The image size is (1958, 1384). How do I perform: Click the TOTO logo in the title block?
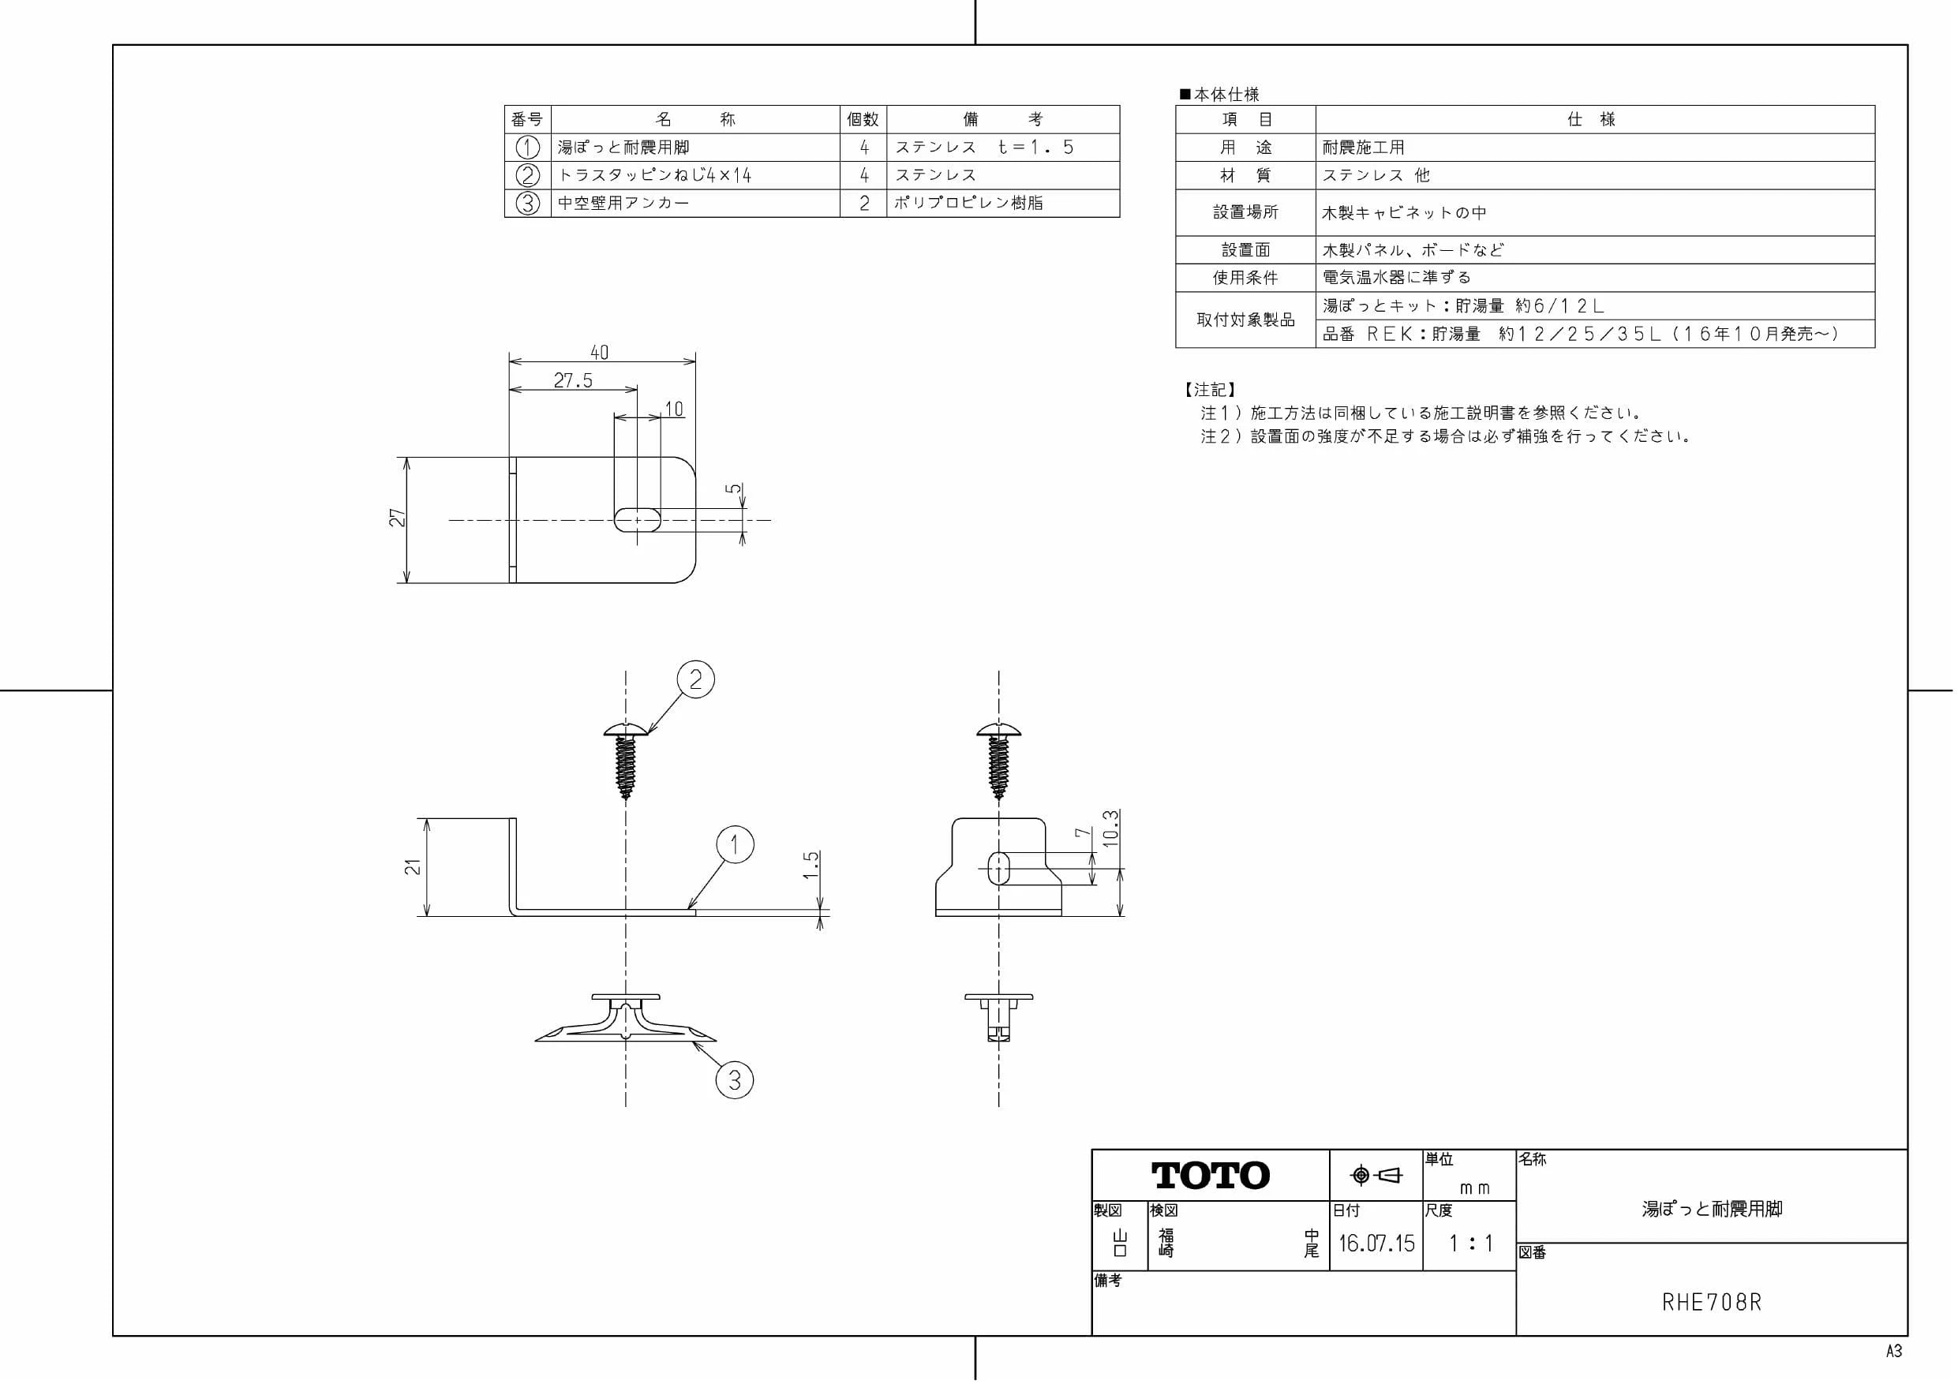tap(1210, 1175)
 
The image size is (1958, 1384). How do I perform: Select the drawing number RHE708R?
tap(1712, 1302)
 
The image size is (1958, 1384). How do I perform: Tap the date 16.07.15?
tap(1376, 1244)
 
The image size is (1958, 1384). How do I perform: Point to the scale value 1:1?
tap(1471, 1244)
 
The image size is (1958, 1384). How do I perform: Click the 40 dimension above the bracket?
tap(600, 352)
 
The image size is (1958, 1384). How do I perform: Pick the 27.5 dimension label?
tap(573, 380)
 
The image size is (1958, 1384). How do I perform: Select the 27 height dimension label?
tap(398, 518)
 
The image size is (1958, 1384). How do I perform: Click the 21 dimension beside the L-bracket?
tap(413, 866)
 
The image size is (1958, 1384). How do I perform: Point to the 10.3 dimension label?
tap(1110, 828)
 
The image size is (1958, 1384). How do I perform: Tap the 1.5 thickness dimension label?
tap(811, 865)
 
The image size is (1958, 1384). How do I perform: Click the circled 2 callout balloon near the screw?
tap(696, 679)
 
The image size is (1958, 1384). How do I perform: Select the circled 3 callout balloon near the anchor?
tap(734, 1080)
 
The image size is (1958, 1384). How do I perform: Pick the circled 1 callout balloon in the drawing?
tap(735, 845)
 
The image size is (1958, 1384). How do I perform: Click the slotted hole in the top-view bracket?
tap(637, 520)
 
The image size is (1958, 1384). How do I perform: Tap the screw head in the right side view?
tap(998, 729)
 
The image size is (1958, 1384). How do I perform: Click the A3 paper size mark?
tap(1894, 1352)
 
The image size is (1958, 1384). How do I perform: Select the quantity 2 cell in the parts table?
tap(864, 203)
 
